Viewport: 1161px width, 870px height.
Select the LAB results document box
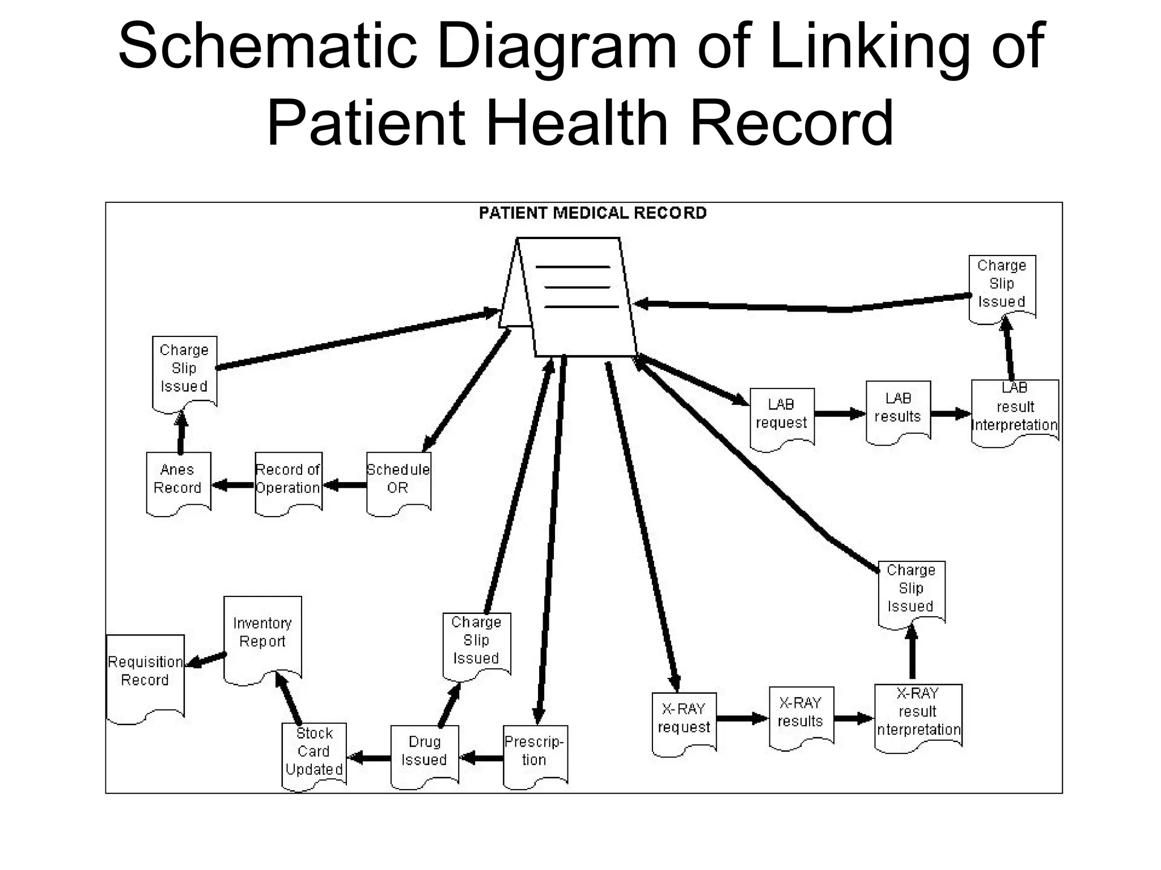tap(898, 411)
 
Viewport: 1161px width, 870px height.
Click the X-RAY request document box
tap(684, 722)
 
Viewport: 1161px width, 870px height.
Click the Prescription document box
tap(535, 754)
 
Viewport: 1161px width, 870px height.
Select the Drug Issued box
tap(425, 754)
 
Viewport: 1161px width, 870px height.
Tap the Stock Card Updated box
tap(314, 753)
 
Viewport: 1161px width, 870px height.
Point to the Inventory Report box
tap(262, 637)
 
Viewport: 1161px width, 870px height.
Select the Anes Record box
tap(178, 482)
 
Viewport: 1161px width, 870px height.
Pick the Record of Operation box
tap(288, 482)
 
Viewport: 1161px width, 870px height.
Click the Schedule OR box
tap(399, 482)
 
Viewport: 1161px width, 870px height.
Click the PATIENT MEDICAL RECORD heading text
tap(592, 214)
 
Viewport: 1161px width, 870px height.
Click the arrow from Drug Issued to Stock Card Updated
tap(368, 757)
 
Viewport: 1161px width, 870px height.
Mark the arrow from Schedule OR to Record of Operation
tap(345, 485)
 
